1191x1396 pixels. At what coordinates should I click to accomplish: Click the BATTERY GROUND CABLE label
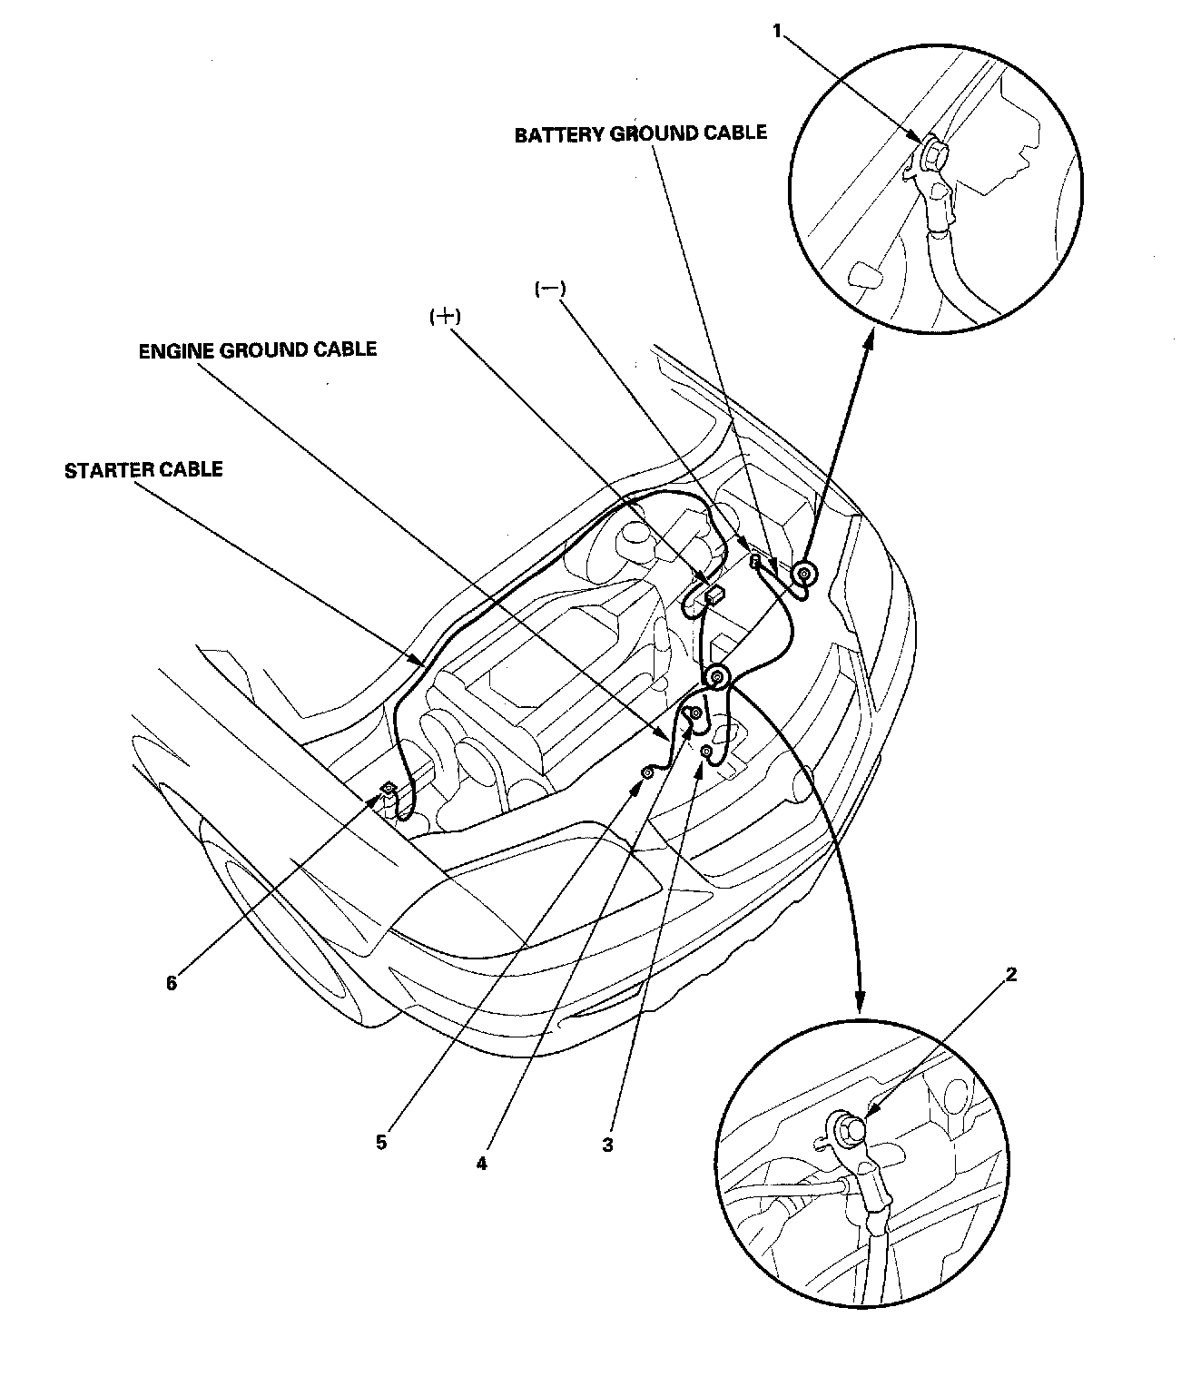pyautogui.click(x=640, y=134)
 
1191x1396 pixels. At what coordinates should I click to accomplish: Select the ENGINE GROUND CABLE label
pyautogui.click(x=257, y=350)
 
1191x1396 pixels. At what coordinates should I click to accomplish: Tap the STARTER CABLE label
pyautogui.click(x=143, y=470)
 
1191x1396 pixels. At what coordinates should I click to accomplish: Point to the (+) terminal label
pyautogui.click(x=445, y=317)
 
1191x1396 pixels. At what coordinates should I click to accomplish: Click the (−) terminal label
pyautogui.click(x=549, y=288)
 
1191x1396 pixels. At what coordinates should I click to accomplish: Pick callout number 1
pyautogui.click(x=777, y=31)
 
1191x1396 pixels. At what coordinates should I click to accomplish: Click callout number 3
pyautogui.click(x=607, y=1145)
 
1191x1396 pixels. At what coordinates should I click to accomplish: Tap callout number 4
pyautogui.click(x=481, y=1163)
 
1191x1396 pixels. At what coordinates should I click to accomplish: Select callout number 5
pyautogui.click(x=381, y=1142)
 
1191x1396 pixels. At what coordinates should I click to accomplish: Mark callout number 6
pyautogui.click(x=172, y=983)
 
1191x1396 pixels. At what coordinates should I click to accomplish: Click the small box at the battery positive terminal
pyautogui.click(x=714, y=595)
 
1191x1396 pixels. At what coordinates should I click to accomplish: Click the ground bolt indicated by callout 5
pyautogui.click(x=648, y=772)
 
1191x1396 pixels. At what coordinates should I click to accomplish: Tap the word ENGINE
pyautogui.click(x=174, y=350)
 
